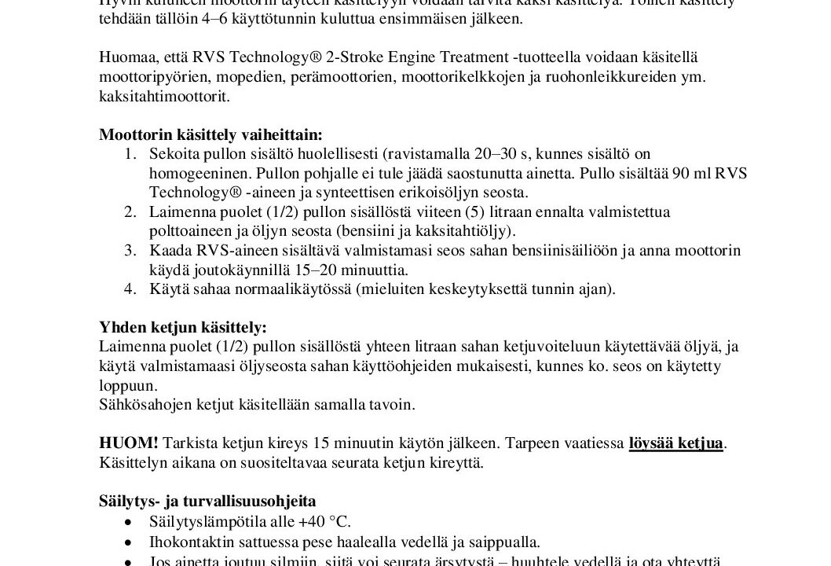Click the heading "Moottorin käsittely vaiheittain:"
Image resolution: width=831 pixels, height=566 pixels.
[210, 134]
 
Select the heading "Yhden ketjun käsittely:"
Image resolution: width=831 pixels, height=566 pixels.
[182, 326]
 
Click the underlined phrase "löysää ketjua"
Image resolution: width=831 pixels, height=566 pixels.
[675, 443]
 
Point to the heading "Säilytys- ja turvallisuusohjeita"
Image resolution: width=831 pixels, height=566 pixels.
[207, 500]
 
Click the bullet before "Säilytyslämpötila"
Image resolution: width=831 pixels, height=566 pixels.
[130, 521]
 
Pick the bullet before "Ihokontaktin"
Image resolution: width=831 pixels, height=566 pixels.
[130, 541]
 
